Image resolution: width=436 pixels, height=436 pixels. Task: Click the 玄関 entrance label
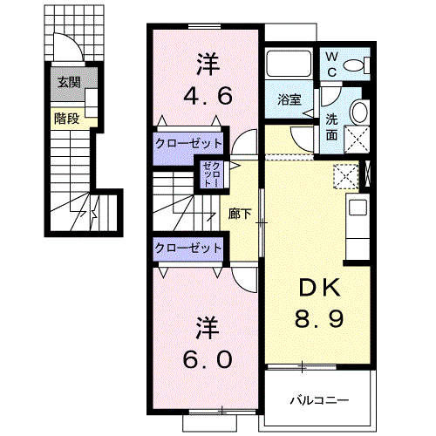coord(69,82)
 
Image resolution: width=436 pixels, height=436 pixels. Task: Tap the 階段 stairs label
coord(66,119)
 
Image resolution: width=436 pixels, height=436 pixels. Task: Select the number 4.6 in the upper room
coord(208,96)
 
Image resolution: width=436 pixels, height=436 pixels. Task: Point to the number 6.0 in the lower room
coord(208,359)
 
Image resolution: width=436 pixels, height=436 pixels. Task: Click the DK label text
coord(320,288)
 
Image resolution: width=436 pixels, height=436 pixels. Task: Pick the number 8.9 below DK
coord(319,318)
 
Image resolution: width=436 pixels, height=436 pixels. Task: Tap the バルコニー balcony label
coord(319,401)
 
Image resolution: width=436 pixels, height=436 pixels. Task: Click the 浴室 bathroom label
coord(289,99)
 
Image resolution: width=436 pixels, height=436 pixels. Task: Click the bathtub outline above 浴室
coord(289,64)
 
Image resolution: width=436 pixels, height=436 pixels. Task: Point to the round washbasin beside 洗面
coord(359,112)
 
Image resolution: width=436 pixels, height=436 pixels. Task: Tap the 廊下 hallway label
coord(240,214)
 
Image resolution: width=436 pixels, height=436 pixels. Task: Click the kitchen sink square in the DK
coord(358,207)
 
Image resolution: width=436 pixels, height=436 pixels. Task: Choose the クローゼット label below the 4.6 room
coord(188,144)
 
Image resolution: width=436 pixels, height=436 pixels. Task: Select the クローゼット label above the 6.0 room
coord(188,249)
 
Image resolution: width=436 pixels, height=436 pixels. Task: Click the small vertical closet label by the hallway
coord(211,174)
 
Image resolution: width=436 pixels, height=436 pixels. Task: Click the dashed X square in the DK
coord(345,176)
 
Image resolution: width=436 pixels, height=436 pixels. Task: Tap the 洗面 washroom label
coord(331,127)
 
